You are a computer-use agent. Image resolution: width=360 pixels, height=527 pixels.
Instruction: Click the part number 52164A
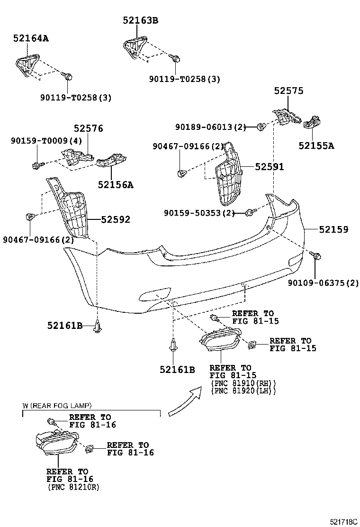31,38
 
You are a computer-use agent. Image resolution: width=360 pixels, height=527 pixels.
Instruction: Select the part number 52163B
140,20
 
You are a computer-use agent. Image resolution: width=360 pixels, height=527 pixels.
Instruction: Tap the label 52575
288,91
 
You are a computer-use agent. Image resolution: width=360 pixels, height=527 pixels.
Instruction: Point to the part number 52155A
316,146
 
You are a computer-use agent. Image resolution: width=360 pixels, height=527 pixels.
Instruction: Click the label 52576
89,128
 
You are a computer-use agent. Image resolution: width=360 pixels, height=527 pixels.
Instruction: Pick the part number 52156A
116,185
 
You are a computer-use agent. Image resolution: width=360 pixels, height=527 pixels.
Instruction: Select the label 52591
270,167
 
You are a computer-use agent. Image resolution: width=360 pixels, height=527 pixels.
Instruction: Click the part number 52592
116,219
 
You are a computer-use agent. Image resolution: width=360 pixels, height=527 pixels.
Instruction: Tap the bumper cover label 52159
333,229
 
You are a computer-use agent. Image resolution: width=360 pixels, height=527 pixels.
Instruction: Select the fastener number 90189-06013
204,127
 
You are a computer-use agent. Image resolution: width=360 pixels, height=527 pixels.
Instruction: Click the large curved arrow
185,401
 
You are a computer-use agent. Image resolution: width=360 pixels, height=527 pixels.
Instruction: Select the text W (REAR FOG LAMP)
57,406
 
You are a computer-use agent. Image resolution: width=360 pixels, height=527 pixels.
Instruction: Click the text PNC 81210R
73,487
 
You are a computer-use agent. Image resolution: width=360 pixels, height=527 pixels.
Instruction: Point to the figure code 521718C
343,522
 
